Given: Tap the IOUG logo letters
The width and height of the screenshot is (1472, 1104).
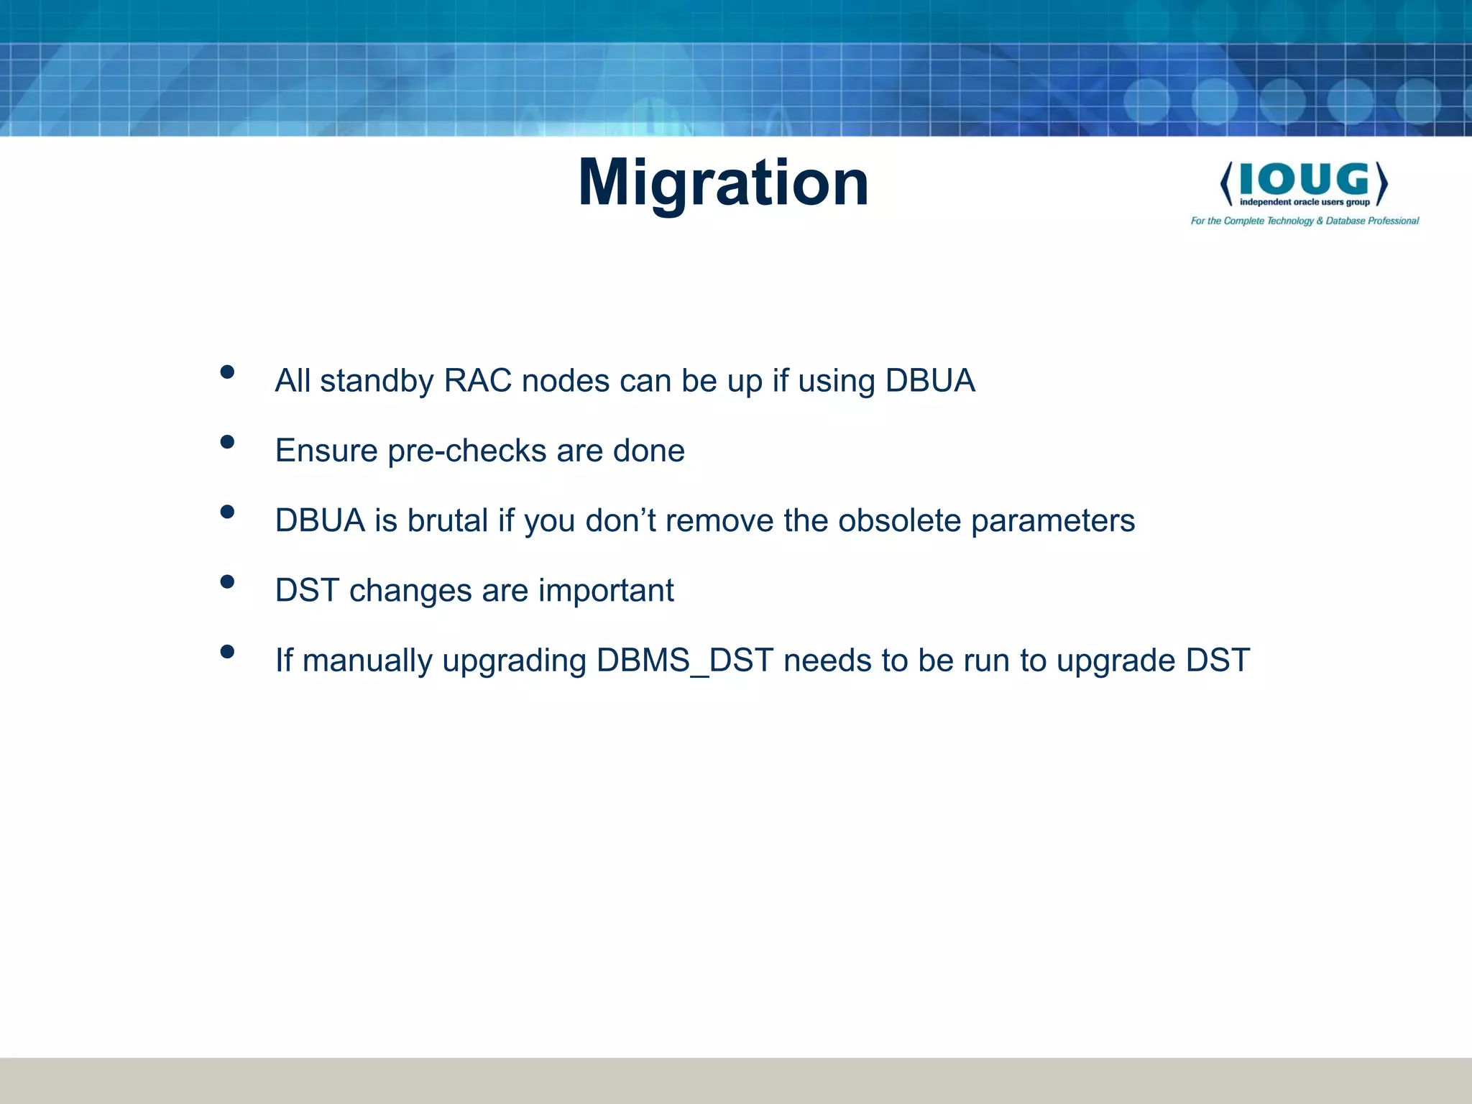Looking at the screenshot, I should pyautogui.click(x=1304, y=179).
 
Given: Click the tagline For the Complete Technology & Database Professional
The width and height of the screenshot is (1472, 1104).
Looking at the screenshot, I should pyautogui.click(x=1305, y=221).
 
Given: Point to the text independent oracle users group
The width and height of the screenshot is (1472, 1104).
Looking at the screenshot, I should pyautogui.click(x=1304, y=203).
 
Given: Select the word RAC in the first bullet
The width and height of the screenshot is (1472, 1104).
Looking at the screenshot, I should pyautogui.click(x=477, y=381).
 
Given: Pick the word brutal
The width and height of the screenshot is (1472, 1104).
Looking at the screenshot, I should pyautogui.click(x=447, y=520).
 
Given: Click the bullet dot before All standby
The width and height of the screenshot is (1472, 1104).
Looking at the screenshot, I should pyautogui.click(x=227, y=372).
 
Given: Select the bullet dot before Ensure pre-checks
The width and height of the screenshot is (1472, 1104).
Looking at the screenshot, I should pyautogui.click(x=227, y=442).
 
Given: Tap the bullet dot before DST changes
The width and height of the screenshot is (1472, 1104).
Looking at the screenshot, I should pyautogui.click(x=227, y=581).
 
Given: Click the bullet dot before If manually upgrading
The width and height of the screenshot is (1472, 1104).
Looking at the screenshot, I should pyautogui.click(x=227, y=652).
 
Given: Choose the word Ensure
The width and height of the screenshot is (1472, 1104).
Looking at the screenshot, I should pyautogui.click(x=326, y=451).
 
